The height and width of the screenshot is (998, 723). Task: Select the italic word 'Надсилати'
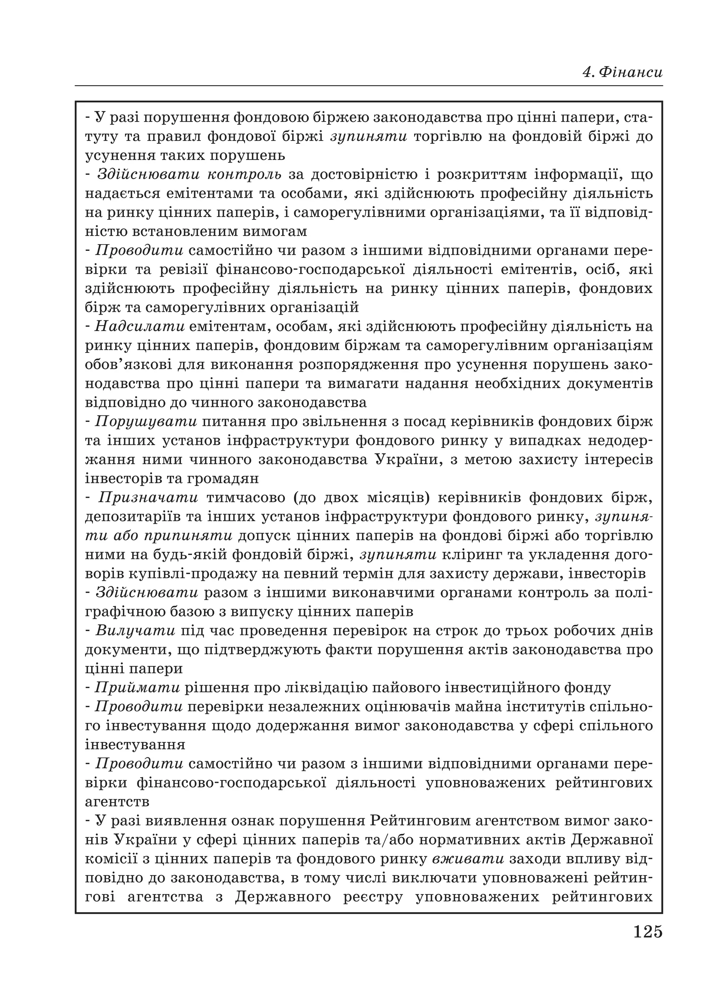[139, 326]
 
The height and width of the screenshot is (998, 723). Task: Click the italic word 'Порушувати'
[146, 421]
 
